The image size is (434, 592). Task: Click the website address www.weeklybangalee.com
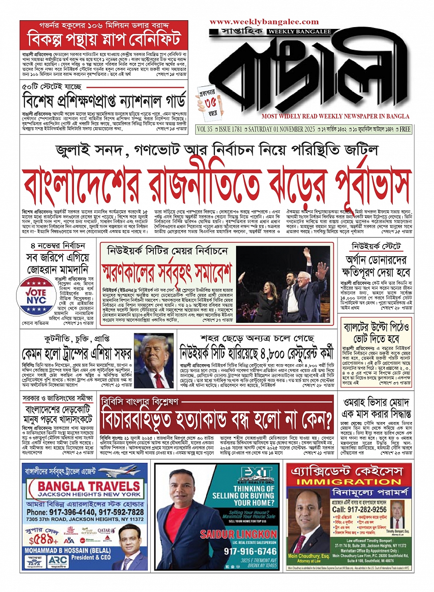pos(264,22)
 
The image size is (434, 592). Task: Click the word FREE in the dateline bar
pos(405,130)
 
